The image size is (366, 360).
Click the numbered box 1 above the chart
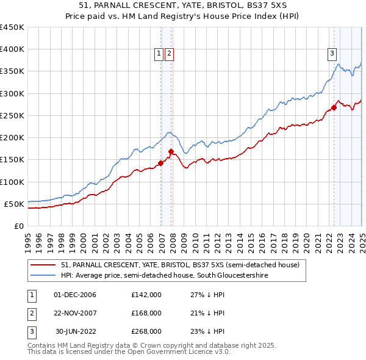click(x=159, y=54)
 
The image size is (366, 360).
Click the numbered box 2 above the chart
click(x=169, y=54)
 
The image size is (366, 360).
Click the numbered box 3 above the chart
click(x=332, y=54)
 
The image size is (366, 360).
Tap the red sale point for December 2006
click(x=161, y=163)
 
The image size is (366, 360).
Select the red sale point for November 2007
click(x=171, y=151)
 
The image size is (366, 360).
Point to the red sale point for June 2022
click(x=334, y=108)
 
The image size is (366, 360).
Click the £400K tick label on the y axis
click(x=12, y=49)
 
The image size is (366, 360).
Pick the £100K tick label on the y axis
click(x=12, y=182)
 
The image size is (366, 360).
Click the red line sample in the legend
click(x=43, y=265)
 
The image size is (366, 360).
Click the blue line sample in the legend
click(x=43, y=276)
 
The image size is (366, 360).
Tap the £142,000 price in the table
click(x=146, y=295)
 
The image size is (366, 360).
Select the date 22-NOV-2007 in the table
click(x=75, y=313)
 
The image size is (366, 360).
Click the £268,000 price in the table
click(x=146, y=331)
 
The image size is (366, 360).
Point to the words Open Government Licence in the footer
click(x=171, y=352)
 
